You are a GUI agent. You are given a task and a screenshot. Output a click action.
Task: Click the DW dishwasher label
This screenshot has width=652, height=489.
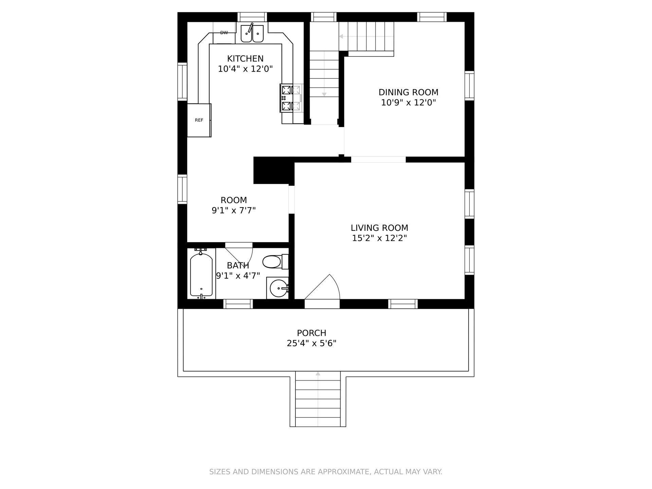[x=224, y=33]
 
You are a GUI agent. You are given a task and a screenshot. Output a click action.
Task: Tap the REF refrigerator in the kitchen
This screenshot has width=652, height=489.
[x=199, y=120]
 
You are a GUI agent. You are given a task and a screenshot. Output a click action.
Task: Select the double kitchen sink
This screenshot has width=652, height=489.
[x=252, y=34]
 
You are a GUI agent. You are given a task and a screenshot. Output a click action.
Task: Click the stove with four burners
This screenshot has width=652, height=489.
[x=291, y=98]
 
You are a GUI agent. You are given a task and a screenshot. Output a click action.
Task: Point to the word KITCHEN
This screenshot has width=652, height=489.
[x=245, y=59]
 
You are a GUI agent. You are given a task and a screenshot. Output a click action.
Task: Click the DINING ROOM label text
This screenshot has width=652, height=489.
[x=409, y=92]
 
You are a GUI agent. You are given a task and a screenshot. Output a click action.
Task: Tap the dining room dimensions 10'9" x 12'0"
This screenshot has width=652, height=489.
[x=409, y=103]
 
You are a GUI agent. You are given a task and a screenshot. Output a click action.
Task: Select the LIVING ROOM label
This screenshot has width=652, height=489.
[x=379, y=228]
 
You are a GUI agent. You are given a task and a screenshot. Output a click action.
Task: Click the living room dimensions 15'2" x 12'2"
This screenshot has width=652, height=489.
[x=379, y=238]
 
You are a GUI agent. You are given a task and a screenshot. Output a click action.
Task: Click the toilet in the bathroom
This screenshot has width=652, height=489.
[x=275, y=261]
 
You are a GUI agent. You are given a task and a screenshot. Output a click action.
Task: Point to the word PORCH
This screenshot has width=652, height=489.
[x=311, y=333]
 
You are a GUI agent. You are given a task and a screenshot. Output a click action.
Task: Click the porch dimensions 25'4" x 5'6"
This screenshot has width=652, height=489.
[x=311, y=343]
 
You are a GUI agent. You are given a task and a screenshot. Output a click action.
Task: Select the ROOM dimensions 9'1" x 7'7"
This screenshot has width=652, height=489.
[x=234, y=211]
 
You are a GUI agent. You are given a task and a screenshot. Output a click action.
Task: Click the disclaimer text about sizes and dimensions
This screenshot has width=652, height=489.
[x=326, y=472]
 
